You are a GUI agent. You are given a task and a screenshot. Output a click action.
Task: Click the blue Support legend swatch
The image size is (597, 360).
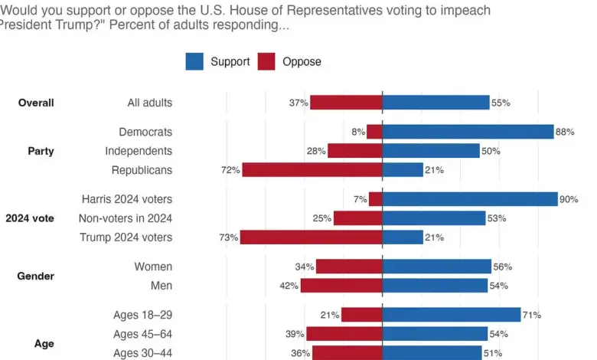194,61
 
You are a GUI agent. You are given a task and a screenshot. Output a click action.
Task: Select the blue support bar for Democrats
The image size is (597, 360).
468,132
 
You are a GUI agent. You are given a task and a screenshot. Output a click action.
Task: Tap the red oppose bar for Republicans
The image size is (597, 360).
312,169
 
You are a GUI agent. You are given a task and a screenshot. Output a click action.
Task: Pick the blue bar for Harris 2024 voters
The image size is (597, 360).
470,199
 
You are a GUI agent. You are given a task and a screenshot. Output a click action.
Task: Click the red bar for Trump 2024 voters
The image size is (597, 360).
311,237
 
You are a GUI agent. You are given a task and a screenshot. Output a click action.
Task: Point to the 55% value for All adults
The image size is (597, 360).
501,103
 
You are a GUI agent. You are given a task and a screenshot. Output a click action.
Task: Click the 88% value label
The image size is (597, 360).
565,132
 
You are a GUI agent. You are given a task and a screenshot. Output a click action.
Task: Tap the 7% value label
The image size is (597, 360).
360,199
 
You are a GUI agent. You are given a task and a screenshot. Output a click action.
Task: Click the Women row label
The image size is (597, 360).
154,267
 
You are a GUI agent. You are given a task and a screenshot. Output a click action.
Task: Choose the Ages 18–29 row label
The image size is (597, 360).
142,315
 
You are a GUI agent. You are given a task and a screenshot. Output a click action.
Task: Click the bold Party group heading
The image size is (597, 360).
41,151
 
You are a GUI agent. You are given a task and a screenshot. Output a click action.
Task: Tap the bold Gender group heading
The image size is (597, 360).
36,276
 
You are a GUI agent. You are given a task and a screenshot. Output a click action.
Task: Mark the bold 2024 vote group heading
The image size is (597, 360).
30,218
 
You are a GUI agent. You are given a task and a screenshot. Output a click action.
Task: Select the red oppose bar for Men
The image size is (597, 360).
341,286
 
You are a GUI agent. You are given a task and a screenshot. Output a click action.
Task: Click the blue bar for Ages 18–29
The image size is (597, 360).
452,315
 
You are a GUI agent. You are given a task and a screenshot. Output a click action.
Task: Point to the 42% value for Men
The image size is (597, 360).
288,286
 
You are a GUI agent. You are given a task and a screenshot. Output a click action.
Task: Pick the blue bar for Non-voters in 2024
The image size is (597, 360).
434,218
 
